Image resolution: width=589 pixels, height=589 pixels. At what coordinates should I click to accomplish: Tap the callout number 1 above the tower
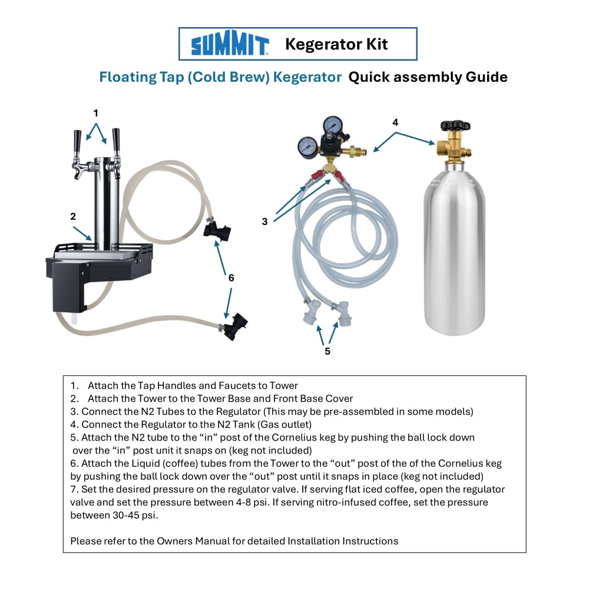[96, 113]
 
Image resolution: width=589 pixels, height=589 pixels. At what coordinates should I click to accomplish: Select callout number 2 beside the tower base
[73, 216]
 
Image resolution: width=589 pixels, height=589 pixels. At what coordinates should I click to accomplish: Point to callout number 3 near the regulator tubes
[265, 221]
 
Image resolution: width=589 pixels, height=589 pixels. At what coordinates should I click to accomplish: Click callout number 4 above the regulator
[395, 123]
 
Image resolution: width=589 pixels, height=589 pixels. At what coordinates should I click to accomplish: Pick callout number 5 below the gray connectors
[327, 351]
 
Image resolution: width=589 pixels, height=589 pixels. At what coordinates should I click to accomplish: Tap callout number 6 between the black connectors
[231, 278]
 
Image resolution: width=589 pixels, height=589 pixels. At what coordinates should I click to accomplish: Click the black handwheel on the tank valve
[455, 125]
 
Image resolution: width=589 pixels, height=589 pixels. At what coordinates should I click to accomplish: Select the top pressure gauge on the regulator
[332, 124]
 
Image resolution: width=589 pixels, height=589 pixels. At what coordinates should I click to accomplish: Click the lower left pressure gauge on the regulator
[307, 145]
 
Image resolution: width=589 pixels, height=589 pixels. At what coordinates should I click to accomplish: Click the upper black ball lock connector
[217, 231]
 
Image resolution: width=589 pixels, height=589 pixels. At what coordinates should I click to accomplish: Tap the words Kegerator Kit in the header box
[336, 44]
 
